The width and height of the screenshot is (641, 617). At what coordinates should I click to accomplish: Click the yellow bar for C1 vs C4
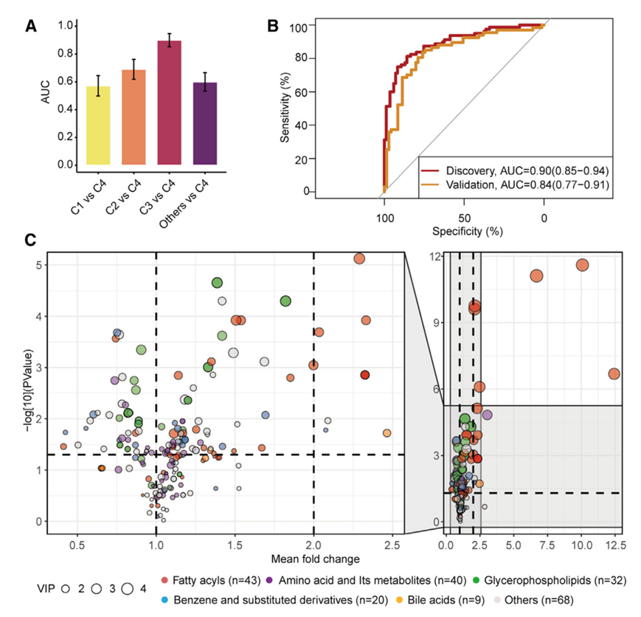click(x=98, y=125)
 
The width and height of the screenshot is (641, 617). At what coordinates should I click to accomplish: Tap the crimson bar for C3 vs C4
click(x=170, y=103)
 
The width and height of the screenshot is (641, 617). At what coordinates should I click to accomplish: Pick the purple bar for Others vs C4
click(x=205, y=123)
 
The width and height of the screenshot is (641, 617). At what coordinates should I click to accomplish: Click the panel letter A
click(x=30, y=27)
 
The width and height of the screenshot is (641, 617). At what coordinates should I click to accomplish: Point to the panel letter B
click(x=272, y=27)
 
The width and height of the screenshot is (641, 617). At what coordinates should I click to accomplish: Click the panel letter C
click(x=30, y=240)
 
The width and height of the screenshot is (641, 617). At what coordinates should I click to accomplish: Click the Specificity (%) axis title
click(x=463, y=232)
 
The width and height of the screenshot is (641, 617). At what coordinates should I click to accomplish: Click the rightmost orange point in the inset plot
click(x=614, y=374)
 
